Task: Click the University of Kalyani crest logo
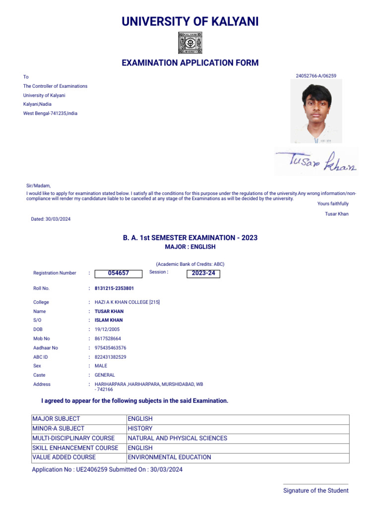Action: pyautogui.click(x=190, y=43)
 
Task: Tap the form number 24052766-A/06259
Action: pyautogui.click(x=316, y=76)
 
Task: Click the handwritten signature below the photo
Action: pyautogui.click(x=316, y=162)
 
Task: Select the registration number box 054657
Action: pyautogui.click(x=118, y=273)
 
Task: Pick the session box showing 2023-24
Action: pyautogui.click(x=203, y=273)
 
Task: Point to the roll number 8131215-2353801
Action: pyautogui.click(x=114, y=288)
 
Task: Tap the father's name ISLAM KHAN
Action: pyautogui.click(x=109, y=320)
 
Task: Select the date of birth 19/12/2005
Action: pyautogui.click(x=107, y=329)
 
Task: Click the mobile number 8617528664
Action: pyautogui.click(x=108, y=339)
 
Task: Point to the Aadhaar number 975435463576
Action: pyautogui.click(x=111, y=348)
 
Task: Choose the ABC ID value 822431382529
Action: pyautogui.click(x=111, y=357)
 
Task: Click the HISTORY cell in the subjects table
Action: pyautogui.click(x=140, y=429)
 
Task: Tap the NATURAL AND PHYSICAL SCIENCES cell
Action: pyautogui.click(x=178, y=438)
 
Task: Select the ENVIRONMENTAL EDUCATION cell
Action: pyautogui.click(x=170, y=457)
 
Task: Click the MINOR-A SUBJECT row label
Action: pyautogui.click(x=59, y=429)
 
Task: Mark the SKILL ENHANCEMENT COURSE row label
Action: pyautogui.click(x=75, y=448)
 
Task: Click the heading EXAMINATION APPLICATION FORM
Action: pyautogui.click(x=190, y=63)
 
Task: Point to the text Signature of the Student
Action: pyautogui.click(x=316, y=491)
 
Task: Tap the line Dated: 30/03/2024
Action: pyautogui.click(x=51, y=219)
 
